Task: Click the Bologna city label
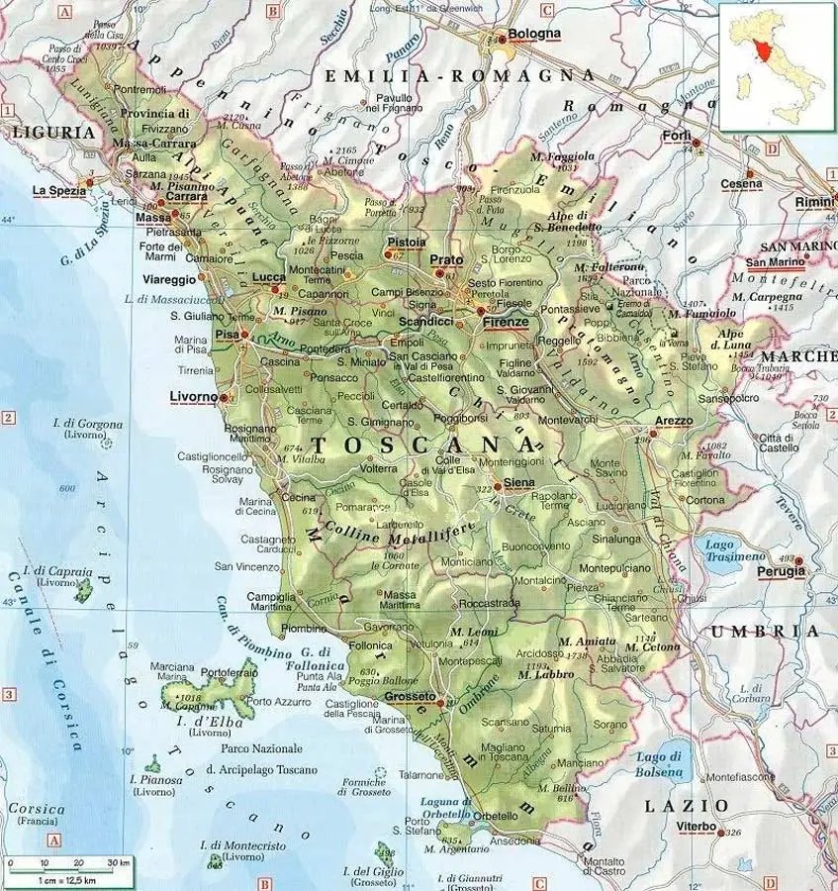pyautogui.click(x=534, y=33)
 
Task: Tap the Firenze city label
pyautogui.click(x=506, y=323)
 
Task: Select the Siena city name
pyautogui.click(x=519, y=482)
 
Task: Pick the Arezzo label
pyautogui.click(x=674, y=421)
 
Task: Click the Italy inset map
pyautogui.click(x=777, y=66)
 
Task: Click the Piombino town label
pyautogui.click(x=304, y=629)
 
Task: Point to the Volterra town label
pyautogui.click(x=379, y=468)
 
